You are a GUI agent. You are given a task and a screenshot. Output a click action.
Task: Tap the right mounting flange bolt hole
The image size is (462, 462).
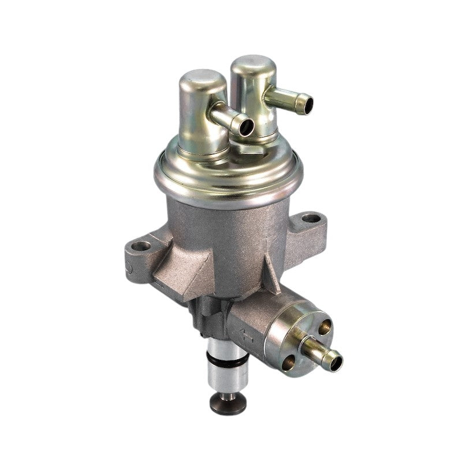311,218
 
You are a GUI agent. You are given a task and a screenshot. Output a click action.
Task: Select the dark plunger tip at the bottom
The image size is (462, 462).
229,404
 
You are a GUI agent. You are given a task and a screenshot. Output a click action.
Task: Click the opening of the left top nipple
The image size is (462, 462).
245,127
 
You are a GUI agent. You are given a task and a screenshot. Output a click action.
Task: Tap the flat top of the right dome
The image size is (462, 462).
253,63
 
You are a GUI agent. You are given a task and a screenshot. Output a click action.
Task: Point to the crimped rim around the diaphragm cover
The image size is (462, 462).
228,185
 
